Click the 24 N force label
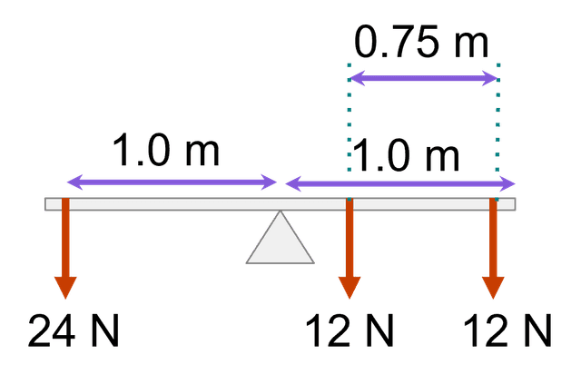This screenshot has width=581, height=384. click(x=73, y=333)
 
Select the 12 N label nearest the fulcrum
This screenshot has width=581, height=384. click(x=350, y=333)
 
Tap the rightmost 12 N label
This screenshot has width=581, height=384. click(x=507, y=333)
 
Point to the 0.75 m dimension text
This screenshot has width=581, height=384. click(x=421, y=43)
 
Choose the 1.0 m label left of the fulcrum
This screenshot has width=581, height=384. click(x=166, y=150)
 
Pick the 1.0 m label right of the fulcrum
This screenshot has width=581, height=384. click(x=405, y=155)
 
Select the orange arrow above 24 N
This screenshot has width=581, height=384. click(x=65, y=250)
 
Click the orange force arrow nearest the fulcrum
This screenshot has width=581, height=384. click(x=350, y=250)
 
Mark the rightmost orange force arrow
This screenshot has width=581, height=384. click(x=493, y=250)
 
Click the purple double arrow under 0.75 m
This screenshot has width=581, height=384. click(x=424, y=78)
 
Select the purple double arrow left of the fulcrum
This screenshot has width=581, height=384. click(x=172, y=182)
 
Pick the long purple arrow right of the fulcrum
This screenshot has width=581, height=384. click(x=400, y=183)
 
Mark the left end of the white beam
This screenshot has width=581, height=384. click(x=49, y=204)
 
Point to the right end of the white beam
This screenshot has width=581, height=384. click(x=513, y=204)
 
